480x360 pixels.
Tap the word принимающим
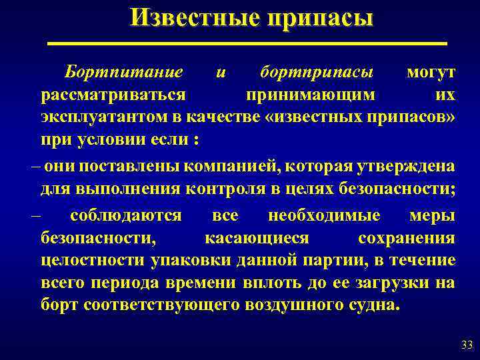pyautogui.click(x=309, y=94)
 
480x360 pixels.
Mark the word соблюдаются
pyautogui.click(x=125, y=215)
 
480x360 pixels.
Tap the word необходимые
pyautogui.click(x=324, y=215)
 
